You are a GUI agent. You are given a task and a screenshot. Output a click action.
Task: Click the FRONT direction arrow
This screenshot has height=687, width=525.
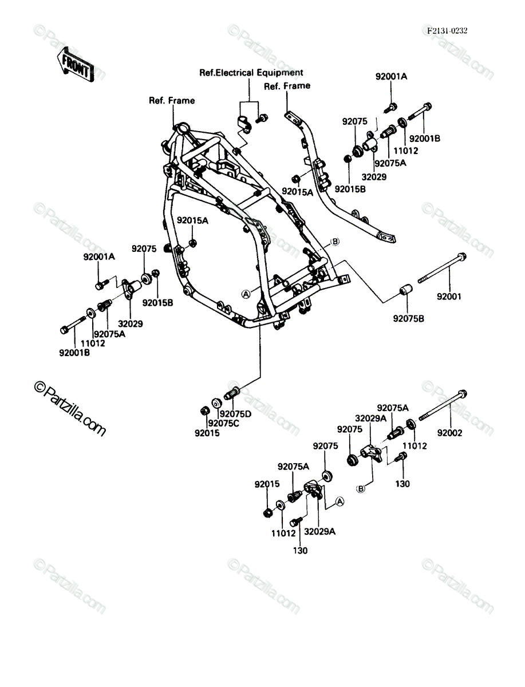(75, 65)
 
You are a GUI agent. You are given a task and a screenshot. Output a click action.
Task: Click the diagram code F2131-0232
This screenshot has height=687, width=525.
(447, 31)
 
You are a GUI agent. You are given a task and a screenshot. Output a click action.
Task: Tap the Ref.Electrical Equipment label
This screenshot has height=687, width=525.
(251, 73)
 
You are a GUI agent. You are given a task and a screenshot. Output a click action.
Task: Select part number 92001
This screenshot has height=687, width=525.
(449, 297)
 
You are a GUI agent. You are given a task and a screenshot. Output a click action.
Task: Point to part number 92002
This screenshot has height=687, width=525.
(449, 433)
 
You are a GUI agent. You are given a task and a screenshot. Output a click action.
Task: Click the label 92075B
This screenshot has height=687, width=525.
(409, 319)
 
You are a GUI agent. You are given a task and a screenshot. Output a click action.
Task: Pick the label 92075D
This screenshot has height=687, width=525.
(235, 414)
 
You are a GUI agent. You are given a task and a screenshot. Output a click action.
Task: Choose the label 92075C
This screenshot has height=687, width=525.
(224, 424)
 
